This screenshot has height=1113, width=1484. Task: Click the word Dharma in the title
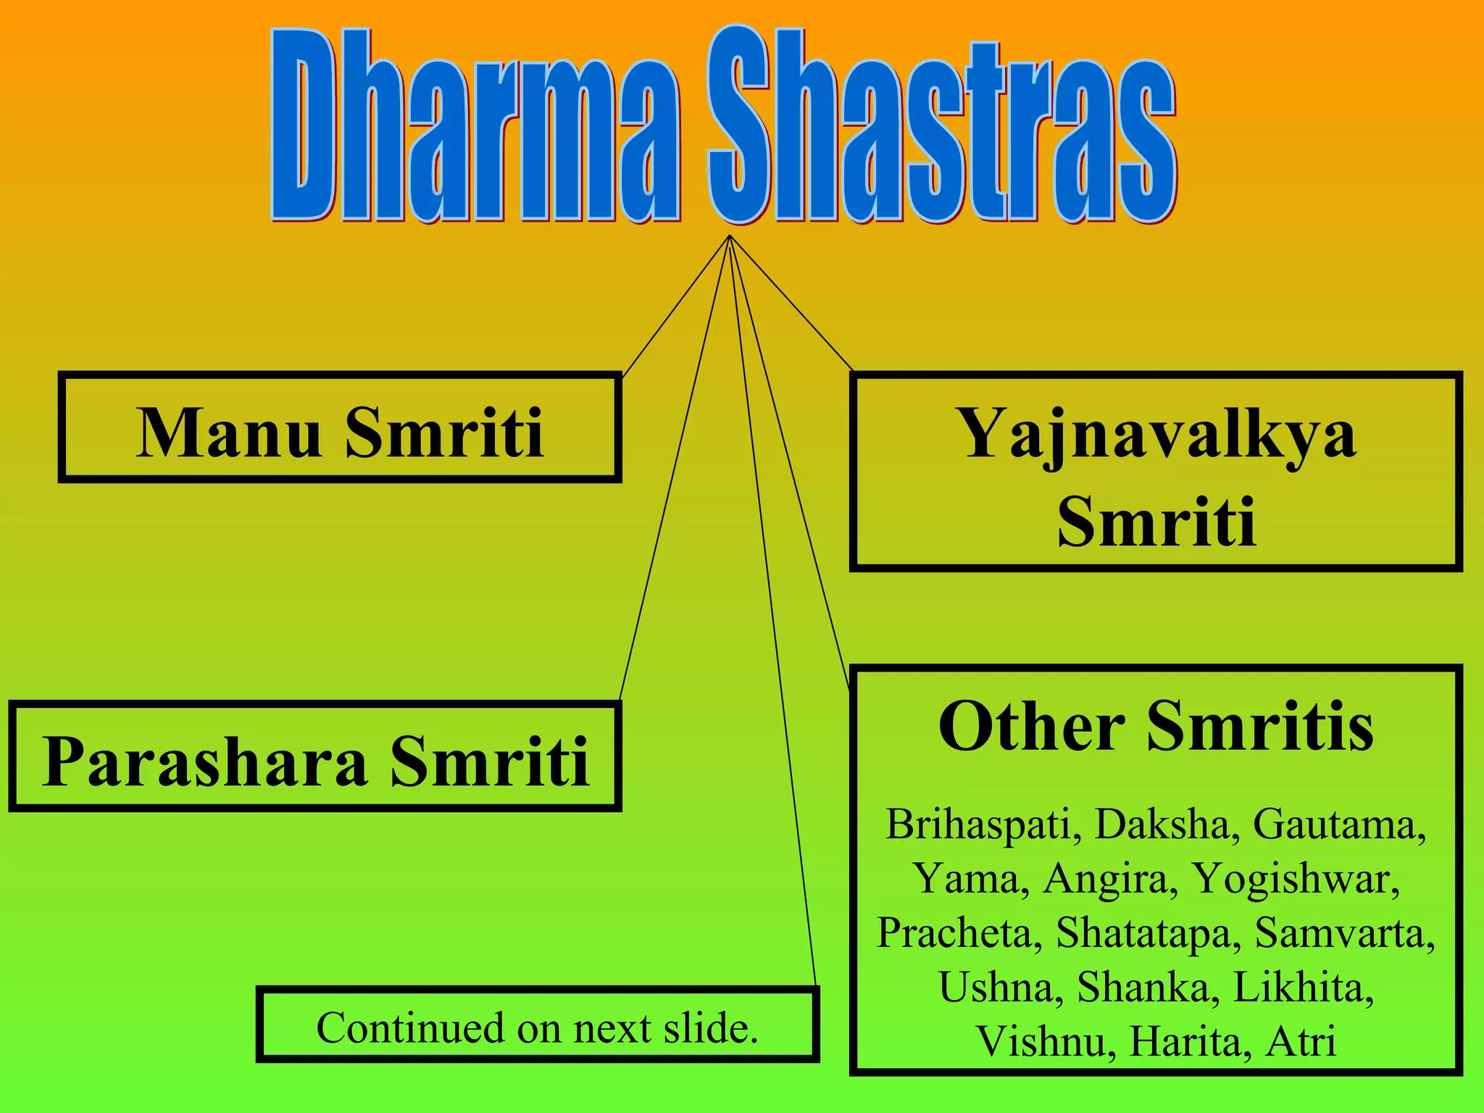tap(475, 127)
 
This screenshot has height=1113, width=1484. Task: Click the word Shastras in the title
tap(942, 127)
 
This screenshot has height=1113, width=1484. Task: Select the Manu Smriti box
tap(340, 428)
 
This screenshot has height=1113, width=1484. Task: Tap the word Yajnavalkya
tap(1157, 433)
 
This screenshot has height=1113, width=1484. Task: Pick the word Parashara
tap(205, 761)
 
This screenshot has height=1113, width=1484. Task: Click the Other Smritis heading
tap(1156, 726)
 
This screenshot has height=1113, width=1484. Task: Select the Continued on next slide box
tap(537, 1026)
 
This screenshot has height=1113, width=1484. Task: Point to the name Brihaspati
tap(977, 825)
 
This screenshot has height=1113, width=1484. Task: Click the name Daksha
tap(1162, 825)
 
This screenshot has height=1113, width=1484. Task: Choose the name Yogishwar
tap(1294, 879)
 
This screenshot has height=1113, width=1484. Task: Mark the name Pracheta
tap(955, 933)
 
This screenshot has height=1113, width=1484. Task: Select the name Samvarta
tap(1341, 933)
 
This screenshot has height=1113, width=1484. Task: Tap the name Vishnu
tap(1040, 1041)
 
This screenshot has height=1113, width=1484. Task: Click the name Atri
tap(1301, 1041)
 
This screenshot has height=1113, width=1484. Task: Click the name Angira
tap(1106, 879)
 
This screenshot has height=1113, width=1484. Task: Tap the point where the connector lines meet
tap(729, 236)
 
